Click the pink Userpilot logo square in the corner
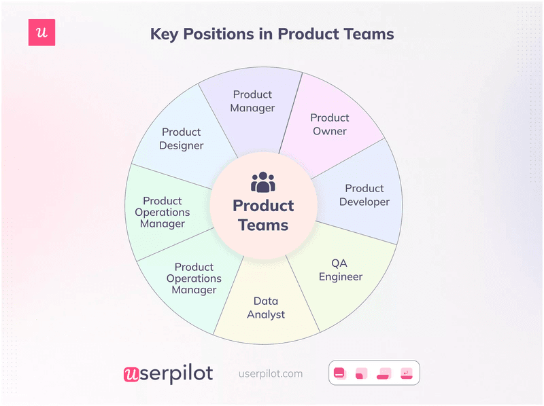41,33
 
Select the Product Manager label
252,101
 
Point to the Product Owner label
330,124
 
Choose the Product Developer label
364,195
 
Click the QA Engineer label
341,270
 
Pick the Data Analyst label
266,308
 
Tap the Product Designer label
182,139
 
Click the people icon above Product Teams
263,183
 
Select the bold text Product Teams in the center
263,215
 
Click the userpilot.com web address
271,373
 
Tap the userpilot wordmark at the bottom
168,373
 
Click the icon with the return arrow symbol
406,373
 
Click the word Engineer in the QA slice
341,276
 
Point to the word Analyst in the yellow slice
266,314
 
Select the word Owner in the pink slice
330,131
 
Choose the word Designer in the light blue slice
182,145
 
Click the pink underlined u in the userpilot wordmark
131,374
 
